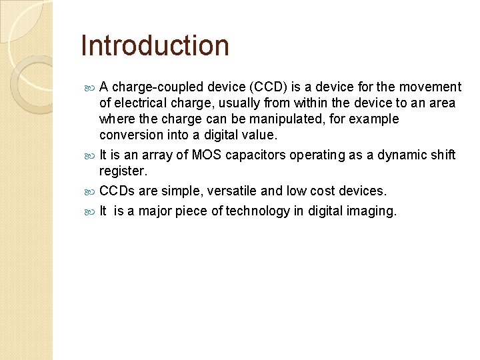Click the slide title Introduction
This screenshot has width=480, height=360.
coord(155,46)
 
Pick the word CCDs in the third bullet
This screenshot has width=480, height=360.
coord(117,191)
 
